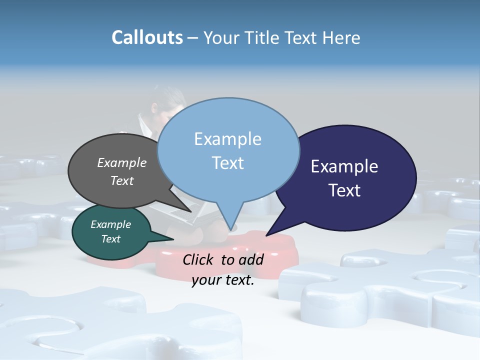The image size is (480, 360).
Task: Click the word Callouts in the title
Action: [x=147, y=37]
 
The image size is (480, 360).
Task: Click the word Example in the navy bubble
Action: [x=344, y=166]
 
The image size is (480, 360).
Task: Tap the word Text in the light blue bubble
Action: [x=228, y=163]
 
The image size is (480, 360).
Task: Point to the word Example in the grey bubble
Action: [x=122, y=162]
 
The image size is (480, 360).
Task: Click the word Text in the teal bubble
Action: [x=111, y=239]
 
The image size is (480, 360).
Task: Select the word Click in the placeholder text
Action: [x=198, y=259]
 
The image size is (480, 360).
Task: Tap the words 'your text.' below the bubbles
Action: [x=223, y=280]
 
